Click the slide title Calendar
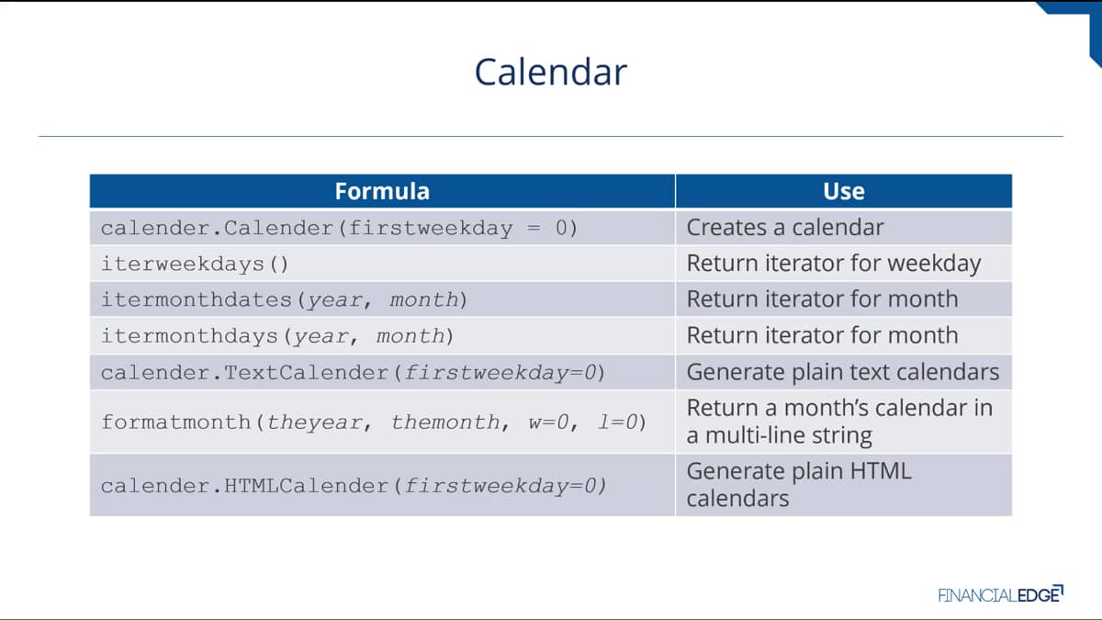(x=550, y=72)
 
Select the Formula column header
(x=382, y=191)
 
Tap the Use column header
(x=844, y=191)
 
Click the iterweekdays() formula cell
(x=195, y=265)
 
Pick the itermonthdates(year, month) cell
(x=284, y=299)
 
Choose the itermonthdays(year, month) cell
(x=277, y=336)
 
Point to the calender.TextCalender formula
(x=353, y=373)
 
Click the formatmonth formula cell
(x=374, y=423)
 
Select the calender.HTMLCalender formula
(x=354, y=486)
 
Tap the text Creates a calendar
(x=785, y=228)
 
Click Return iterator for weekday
(x=834, y=264)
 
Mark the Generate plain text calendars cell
(x=843, y=372)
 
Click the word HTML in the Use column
(x=881, y=471)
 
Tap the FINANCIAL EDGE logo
(x=1000, y=594)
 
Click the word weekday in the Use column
(x=934, y=264)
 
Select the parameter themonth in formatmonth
(x=445, y=423)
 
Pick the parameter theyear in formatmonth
(x=315, y=423)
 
